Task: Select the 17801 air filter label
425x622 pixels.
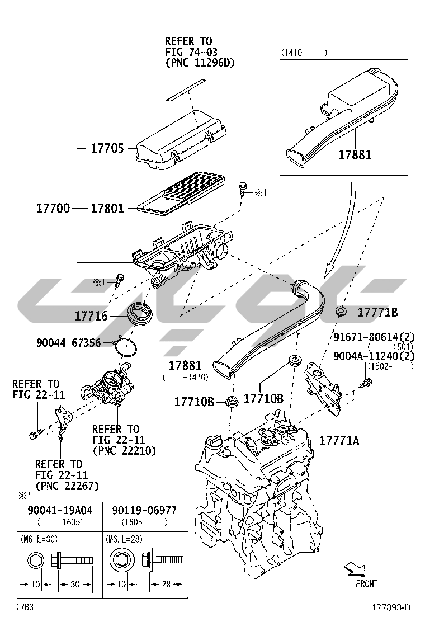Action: point(108,209)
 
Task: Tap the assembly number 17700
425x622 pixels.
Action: point(53,209)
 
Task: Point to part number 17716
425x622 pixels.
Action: point(91,317)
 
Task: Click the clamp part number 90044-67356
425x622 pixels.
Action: point(69,342)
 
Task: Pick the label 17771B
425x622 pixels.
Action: point(377,312)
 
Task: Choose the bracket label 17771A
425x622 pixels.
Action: point(339,440)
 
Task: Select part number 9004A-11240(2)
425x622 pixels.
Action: point(374,356)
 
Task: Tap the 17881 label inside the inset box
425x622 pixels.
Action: point(355,154)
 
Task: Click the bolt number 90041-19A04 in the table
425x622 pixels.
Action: point(60,511)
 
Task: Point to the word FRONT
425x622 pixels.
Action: point(366,583)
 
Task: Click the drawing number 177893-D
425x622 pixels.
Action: point(392,607)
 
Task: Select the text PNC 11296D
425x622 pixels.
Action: point(200,63)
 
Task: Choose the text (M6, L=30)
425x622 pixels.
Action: point(39,539)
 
